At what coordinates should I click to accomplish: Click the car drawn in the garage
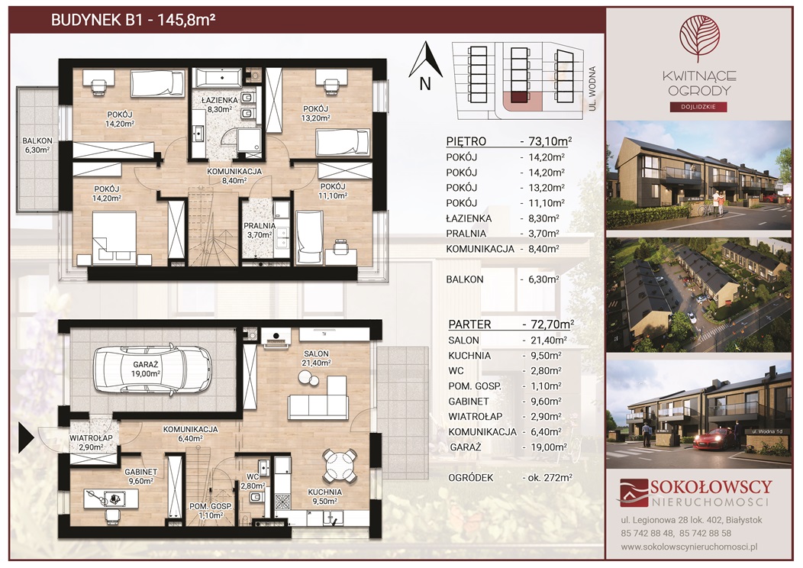coord(152,370)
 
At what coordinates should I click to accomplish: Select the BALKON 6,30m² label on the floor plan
coord(37,146)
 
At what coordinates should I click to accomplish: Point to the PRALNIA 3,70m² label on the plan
coord(260,230)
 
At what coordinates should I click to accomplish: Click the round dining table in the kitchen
coord(338,466)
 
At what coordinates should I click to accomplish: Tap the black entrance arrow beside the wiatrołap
coord(26,438)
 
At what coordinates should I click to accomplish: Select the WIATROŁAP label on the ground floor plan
coord(91,438)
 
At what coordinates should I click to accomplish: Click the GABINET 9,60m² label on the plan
coord(141,476)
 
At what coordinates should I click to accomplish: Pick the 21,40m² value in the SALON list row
coord(547,340)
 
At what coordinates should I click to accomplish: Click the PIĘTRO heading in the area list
coord(466,141)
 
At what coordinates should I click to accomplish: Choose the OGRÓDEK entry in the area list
coord(471,477)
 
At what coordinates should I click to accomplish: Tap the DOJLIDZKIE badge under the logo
coord(699,107)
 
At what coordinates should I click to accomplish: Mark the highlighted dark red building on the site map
coord(519,97)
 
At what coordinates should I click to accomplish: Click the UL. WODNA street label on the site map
coord(593,89)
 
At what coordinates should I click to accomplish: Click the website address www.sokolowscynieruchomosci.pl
coord(689,547)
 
